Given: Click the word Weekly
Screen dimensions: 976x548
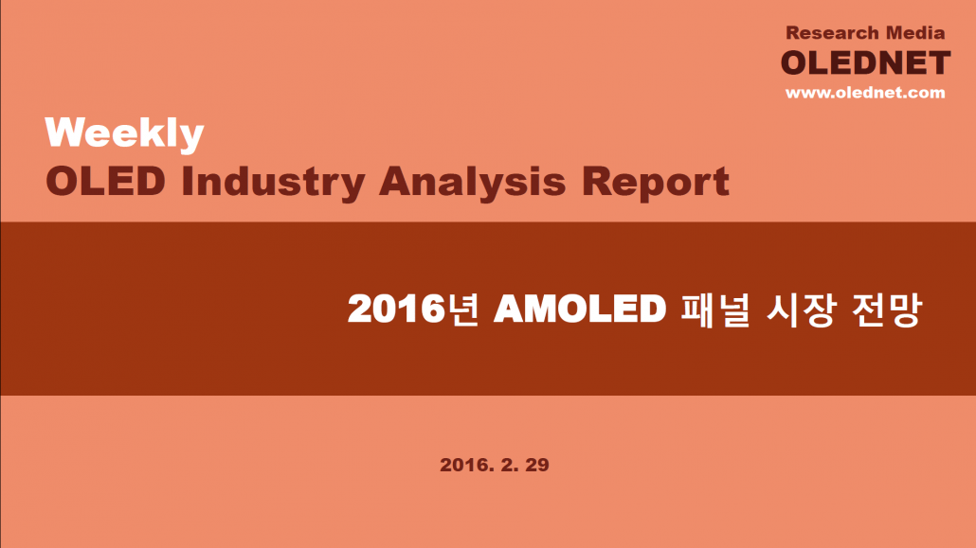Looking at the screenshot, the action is click(124, 133).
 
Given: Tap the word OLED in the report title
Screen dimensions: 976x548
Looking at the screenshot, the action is click(106, 182).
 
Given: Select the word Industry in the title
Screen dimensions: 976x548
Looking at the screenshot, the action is click(273, 183).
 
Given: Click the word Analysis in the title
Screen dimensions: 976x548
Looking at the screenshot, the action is click(473, 183).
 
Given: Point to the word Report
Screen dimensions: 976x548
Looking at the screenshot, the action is click(656, 183).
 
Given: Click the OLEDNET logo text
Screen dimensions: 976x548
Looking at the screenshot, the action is click(866, 62).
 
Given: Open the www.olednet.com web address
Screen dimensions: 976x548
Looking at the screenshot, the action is click(865, 93).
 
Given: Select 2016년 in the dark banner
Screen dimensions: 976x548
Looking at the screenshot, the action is click(413, 309).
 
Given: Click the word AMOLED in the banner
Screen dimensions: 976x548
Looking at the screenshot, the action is click(580, 309).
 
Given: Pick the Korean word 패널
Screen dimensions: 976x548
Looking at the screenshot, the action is click(714, 309).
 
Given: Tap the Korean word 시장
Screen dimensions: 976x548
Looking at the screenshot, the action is click(800, 309).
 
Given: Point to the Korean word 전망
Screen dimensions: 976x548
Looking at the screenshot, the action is click(886, 309).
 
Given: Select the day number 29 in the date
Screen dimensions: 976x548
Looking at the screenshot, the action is click(537, 465).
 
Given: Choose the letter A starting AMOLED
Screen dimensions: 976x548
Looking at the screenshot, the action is click(509, 309).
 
